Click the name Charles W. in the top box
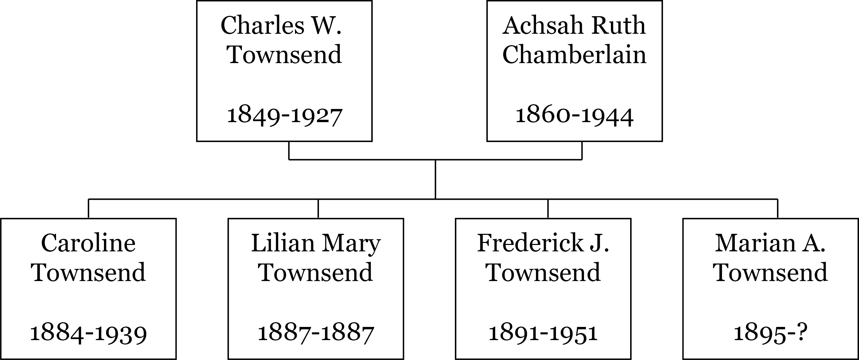(x=281, y=26)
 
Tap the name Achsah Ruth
(x=574, y=26)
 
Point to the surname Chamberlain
(x=574, y=55)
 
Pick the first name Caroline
(x=88, y=243)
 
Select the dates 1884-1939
(x=88, y=333)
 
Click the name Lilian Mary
(x=316, y=243)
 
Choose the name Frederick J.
(x=543, y=243)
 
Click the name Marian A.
(x=770, y=243)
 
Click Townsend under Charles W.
(x=285, y=55)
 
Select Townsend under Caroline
(x=88, y=273)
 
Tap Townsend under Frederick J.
(x=543, y=273)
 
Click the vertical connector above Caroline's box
(x=88, y=209)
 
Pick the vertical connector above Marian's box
(x=778, y=209)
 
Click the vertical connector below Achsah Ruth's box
(x=582, y=150)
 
